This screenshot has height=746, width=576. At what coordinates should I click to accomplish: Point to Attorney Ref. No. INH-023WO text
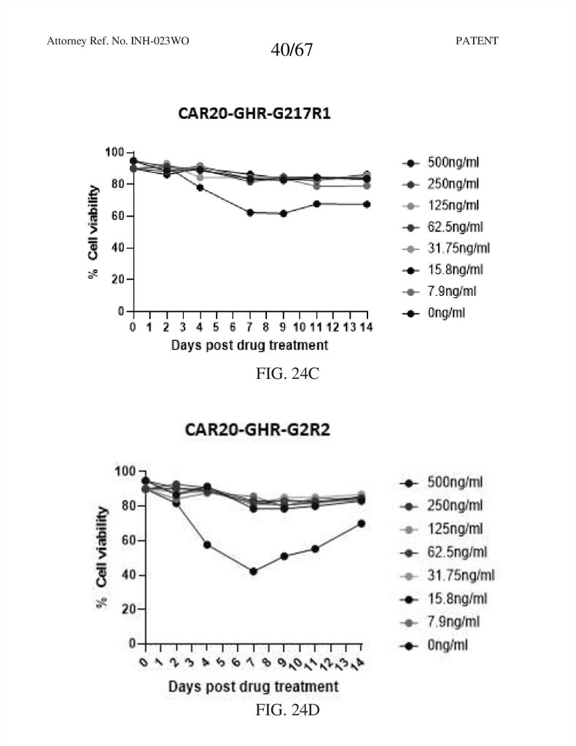pos(118,41)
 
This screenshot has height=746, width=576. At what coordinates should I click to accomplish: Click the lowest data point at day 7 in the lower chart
pos(253,571)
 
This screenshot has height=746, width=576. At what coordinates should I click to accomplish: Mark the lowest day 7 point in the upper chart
pos(250,213)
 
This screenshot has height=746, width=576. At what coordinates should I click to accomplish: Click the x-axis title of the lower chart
pos(253,686)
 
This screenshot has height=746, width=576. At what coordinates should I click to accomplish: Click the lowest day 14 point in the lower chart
pos(361,523)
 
